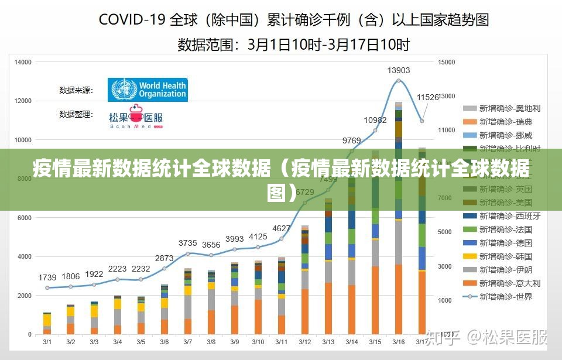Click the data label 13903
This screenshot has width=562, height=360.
pos(399,70)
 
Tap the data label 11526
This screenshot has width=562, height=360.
pos(427,97)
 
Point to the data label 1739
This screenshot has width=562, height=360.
pos(47,277)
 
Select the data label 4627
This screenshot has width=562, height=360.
pos(282,228)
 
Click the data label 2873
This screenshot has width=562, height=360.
pos(165,258)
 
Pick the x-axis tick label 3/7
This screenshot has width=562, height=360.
pos(187,342)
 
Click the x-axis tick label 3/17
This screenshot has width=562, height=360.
pos(422,342)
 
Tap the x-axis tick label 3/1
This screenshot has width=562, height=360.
pos(47,342)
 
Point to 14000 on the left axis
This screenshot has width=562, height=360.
pos(23,62)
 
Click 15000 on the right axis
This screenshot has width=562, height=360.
pos(447,62)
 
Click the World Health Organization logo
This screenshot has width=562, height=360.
pos(148,90)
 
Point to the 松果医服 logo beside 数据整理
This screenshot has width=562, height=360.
pos(136,116)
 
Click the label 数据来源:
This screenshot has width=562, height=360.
pos(76,90)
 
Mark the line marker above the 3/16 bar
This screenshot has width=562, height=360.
pos(399,81)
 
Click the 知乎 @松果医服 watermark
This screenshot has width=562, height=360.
pos(487,337)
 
